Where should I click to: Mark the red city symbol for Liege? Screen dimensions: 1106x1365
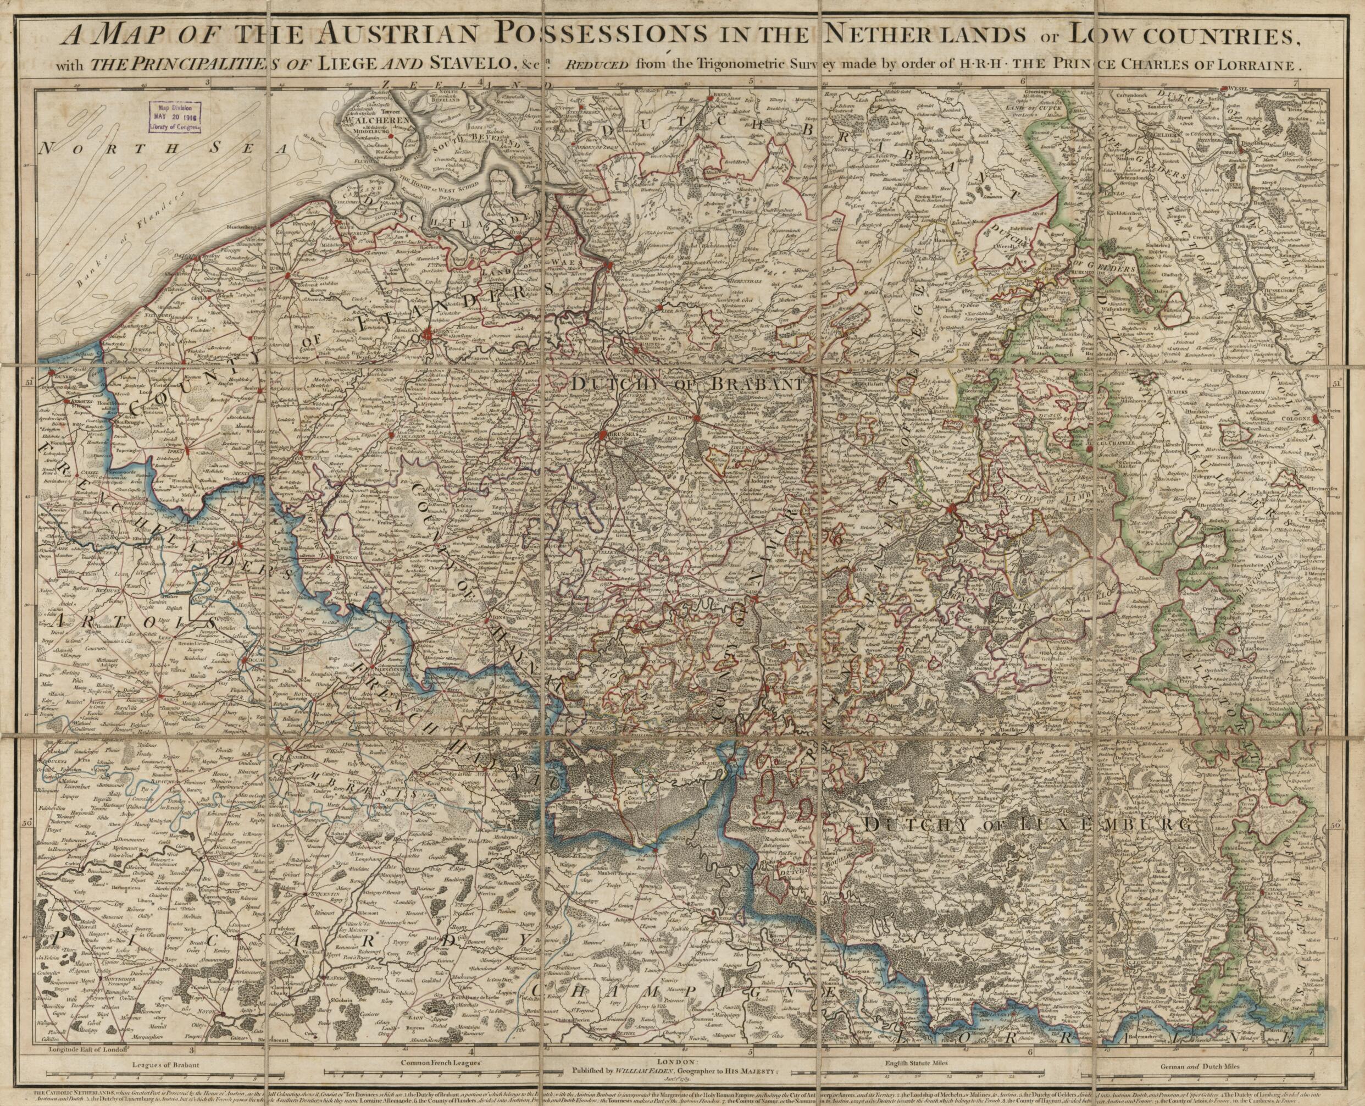pos(952,508)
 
